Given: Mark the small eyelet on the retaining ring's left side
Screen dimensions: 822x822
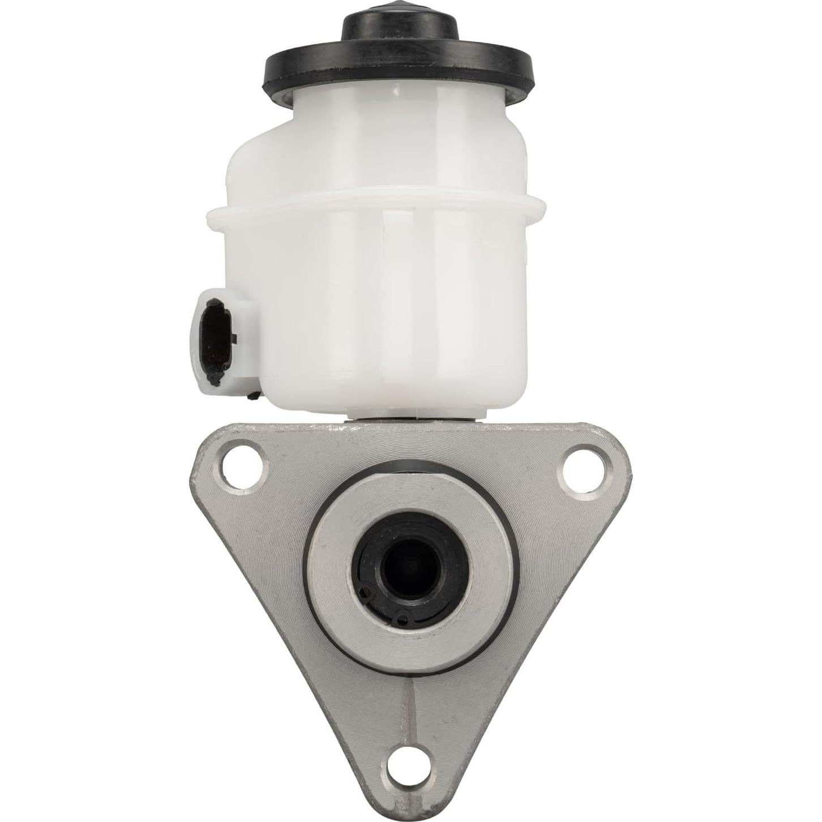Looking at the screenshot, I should [x=363, y=592].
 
